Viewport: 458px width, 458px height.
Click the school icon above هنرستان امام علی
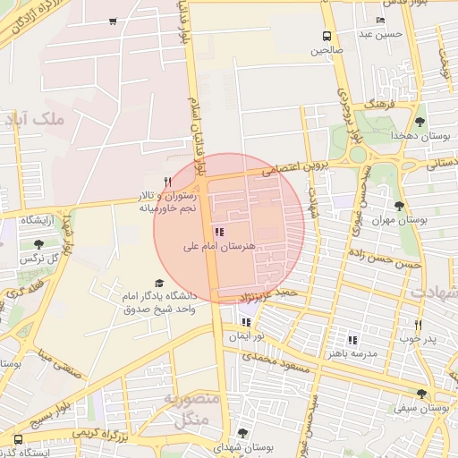tap(220, 233)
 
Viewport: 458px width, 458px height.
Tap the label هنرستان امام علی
tap(219, 245)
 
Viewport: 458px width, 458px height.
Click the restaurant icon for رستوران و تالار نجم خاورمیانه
tap(167, 182)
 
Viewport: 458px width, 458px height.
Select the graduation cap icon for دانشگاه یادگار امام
tap(159, 283)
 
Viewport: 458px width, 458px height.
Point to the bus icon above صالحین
tap(327, 37)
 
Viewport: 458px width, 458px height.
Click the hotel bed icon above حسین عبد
tap(380, 21)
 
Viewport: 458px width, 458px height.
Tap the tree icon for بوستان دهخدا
tap(420, 121)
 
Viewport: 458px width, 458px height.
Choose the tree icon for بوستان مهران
tap(399, 206)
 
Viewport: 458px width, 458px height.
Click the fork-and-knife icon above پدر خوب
tap(417, 326)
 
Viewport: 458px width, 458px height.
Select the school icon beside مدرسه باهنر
tap(352, 340)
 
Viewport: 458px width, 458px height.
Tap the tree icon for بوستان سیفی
tap(421, 394)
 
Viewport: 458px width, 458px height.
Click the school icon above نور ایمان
tap(245, 322)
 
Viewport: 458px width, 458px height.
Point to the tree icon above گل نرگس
tap(38, 244)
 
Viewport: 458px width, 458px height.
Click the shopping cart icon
tap(112, 21)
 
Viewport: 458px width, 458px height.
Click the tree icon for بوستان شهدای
tap(242, 433)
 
